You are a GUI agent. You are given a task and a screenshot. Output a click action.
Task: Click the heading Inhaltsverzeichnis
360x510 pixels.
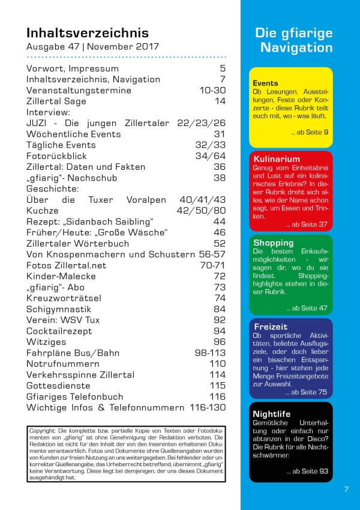pos(87,32)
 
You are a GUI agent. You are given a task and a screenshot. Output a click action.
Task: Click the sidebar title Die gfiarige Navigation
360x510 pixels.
pos(293,40)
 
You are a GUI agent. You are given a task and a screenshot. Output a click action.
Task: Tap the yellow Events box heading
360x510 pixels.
pos(265,83)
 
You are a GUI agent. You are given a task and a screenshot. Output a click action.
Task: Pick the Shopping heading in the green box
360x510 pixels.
pos(274,243)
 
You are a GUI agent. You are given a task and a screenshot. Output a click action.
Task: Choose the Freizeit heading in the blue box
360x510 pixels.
pos(271,326)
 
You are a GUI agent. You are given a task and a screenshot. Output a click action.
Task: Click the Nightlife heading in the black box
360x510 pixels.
pos(271,414)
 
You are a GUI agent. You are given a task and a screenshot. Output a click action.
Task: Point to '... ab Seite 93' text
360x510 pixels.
pos(308,471)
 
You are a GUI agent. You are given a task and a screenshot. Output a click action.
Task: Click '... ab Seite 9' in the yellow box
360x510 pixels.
pos(310,132)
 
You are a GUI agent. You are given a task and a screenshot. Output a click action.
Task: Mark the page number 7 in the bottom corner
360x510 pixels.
pos(346,489)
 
